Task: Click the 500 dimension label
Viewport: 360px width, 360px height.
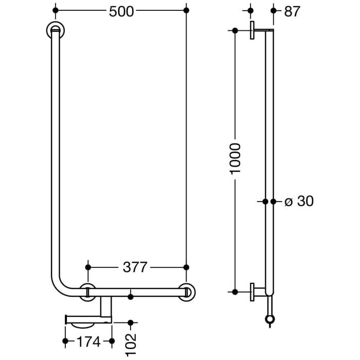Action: point(121,11)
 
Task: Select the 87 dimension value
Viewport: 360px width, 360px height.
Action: point(292,11)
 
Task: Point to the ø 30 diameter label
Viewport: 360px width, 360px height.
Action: point(299,201)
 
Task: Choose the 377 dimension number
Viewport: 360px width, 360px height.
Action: point(135,267)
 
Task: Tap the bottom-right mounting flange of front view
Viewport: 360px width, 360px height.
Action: point(187,292)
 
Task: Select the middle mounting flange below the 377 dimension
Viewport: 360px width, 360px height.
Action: point(88,292)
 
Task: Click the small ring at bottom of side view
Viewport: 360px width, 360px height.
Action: point(269,320)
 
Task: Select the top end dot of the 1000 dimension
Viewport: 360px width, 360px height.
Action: point(235,30)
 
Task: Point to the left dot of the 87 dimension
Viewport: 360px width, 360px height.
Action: point(250,10)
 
